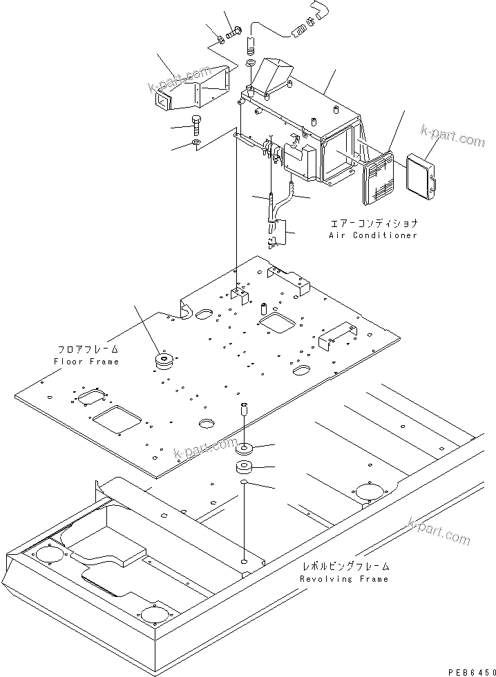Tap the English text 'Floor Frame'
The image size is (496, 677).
pyautogui.click(x=86, y=362)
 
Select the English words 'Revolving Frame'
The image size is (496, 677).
pyautogui.click(x=344, y=579)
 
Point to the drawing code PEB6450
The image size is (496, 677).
pyautogui.click(x=470, y=670)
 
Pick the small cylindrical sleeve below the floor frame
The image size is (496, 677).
pyautogui.click(x=243, y=409)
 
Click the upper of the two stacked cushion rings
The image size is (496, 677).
pyautogui.click(x=244, y=449)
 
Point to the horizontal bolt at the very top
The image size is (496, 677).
pyautogui.click(x=233, y=31)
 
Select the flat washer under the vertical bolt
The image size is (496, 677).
pyautogui.click(x=197, y=144)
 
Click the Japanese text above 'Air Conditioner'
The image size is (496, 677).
pyautogui.click(x=374, y=224)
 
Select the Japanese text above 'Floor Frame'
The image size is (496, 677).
pyautogui.click(x=87, y=350)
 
